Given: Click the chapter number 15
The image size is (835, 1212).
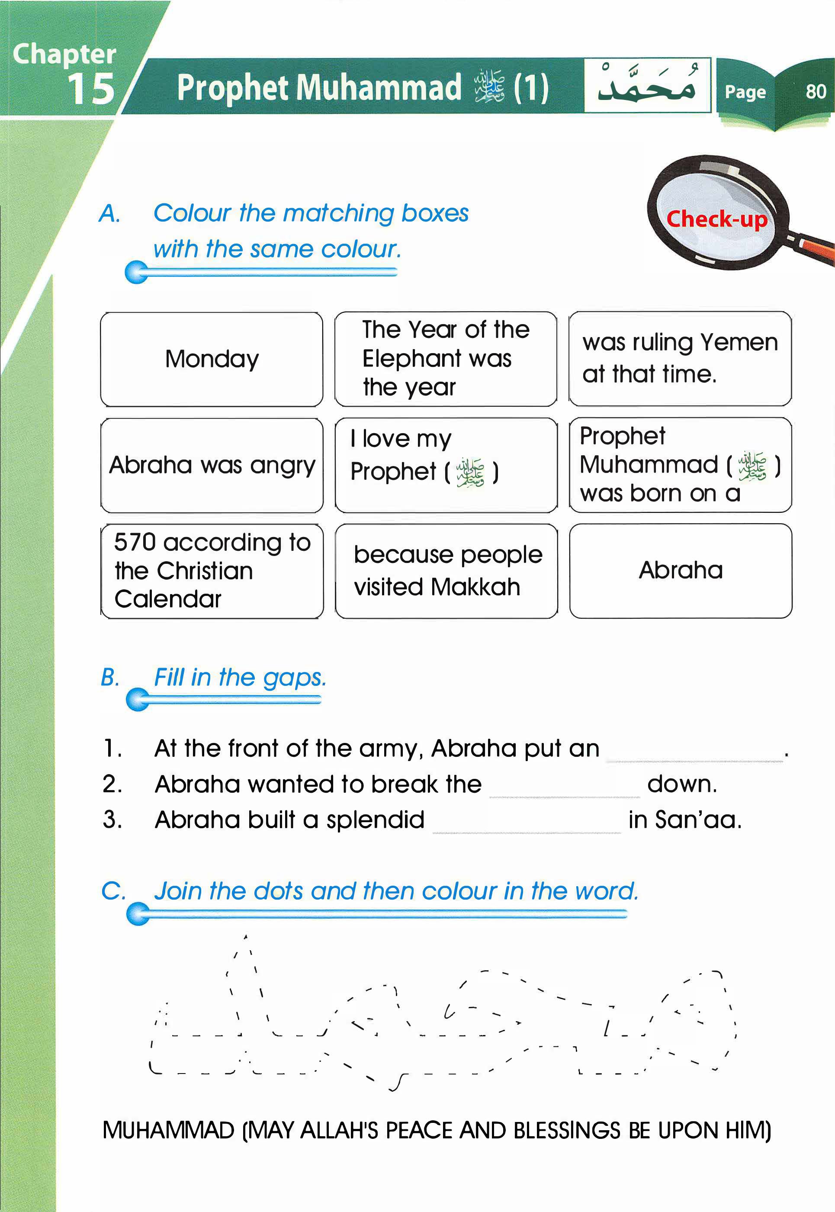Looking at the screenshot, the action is [x=91, y=88].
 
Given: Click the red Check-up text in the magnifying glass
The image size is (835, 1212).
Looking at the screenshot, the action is [x=716, y=219].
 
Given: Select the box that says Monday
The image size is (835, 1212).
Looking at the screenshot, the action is [x=212, y=359].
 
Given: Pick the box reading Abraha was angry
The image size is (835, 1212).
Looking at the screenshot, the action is [x=212, y=465].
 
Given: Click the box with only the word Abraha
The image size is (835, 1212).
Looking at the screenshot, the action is [x=680, y=570].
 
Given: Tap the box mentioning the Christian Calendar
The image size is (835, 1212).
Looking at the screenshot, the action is [x=212, y=571].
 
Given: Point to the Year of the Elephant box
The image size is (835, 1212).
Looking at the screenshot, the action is [x=446, y=359].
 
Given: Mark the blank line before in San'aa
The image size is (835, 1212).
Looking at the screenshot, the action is [x=527, y=825].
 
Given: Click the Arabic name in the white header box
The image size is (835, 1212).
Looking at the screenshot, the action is [x=647, y=85].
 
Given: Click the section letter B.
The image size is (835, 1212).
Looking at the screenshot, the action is [x=110, y=678].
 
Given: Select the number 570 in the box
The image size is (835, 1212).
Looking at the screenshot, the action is [x=135, y=542].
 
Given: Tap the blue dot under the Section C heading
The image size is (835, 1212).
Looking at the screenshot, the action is [x=138, y=914].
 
